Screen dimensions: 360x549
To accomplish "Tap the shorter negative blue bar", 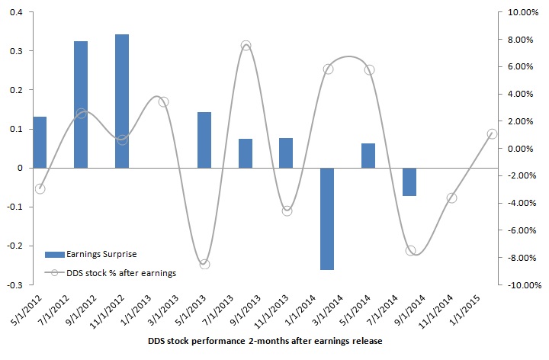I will click(409, 182).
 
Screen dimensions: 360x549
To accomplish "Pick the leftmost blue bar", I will click(40, 142).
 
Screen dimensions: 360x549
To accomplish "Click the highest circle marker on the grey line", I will click(246, 47).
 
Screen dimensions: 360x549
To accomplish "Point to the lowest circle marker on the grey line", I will click(204, 264).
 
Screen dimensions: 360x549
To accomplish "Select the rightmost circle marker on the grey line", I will click(492, 133).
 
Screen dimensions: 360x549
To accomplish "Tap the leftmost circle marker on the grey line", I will click(40, 188).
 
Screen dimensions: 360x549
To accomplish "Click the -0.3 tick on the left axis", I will click(14, 284).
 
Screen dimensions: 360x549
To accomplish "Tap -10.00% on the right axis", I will click(522, 284).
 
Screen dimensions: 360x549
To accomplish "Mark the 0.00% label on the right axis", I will click(524, 149).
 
